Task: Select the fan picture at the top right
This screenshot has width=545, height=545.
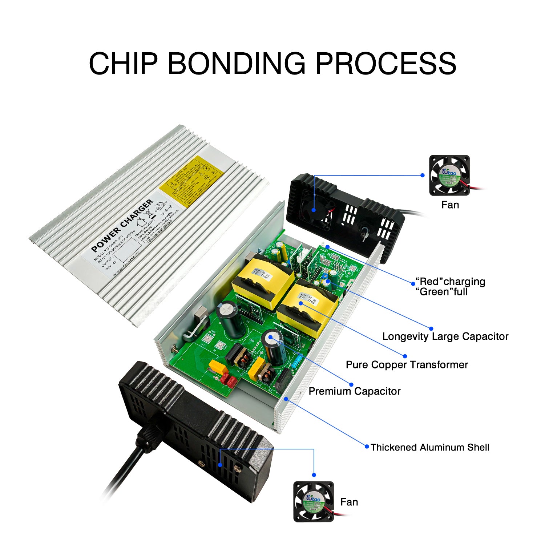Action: pyautogui.click(x=449, y=175)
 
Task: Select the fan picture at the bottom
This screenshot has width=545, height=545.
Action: pyautogui.click(x=314, y=502)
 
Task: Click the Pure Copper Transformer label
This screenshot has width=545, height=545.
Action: pyautogui.click(x=407, y=365)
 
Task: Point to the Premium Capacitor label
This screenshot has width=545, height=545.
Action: pyautogui.click(x=354, y=391)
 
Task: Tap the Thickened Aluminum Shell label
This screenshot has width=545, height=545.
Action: pyautogui.click(x=430, y=447)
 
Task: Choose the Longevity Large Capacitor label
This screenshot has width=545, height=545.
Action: pyautogui.click(x=445, y=336)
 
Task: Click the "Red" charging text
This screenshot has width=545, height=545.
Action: pyautogui.click(x=451, y=282)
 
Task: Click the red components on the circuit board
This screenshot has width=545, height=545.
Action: pyautogui.click(x=228, y=380)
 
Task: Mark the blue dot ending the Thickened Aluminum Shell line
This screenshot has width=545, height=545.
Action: pyautogui.click(x=367, y=446)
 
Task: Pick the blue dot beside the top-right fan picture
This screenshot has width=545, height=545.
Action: pyautogui.click(x=422, y=175)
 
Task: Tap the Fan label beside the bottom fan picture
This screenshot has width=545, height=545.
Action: pyautogui.click(x=349, y=502)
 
